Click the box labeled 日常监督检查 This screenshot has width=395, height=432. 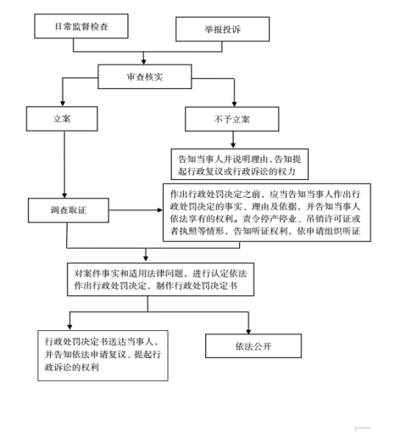coord(81,26)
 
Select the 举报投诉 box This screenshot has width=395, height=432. coord(223,29)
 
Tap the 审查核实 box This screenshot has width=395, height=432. coord(145,76)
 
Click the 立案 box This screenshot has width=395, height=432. coord(62,119)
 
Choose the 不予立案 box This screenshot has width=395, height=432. coord(232,119)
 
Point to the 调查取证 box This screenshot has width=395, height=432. coord(69,210)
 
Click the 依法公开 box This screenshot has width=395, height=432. coord(253,346)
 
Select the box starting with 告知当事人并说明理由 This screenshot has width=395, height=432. coord(240,165)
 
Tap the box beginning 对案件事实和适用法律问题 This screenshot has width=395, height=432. coord(160,279)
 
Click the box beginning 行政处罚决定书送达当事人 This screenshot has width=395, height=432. coord(103,356)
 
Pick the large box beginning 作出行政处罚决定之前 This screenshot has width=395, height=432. coord(267,212)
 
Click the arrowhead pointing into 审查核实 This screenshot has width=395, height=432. coord(144,62)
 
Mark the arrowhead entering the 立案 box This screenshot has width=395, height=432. coord(63,104)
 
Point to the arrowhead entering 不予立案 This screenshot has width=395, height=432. coord(234,104)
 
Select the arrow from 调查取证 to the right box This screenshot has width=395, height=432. coord(136,210)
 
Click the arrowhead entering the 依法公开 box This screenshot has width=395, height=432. coord(248,331)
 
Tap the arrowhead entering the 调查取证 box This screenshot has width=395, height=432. coord(64,195)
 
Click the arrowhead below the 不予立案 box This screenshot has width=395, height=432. coord(233,146)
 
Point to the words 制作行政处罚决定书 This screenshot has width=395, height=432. coord(197,286)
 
